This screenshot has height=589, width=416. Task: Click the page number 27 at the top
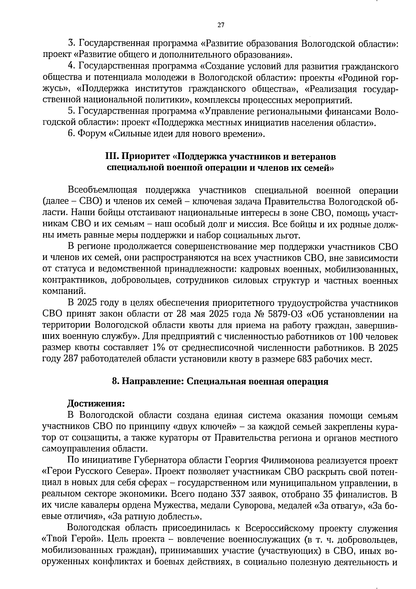(x=221, y=25)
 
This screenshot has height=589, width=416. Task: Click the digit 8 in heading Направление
(x=115, y=381)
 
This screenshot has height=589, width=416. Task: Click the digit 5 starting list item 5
(x=71, y=111)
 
